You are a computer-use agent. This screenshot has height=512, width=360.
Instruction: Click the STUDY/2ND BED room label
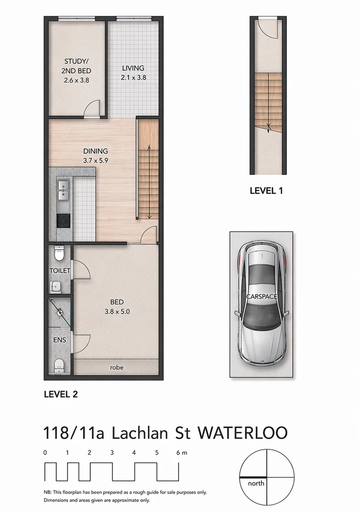click(76, 71)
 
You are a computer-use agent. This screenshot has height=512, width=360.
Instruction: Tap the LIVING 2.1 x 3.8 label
click(133, 73)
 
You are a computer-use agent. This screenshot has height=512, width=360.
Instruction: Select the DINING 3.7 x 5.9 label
click(95, 156)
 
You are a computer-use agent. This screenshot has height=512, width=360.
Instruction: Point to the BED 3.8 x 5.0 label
click(117, 307)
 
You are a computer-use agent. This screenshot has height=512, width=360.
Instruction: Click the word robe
click(117, 367)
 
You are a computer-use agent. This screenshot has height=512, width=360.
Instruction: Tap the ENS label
click(59, 340)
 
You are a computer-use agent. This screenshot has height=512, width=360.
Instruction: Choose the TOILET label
click(60, 271)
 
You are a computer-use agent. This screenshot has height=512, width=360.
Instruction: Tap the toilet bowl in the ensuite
click(59, 365)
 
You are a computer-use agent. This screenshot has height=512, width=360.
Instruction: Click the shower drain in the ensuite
click(60, 312)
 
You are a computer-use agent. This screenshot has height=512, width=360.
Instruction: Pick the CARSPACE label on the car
click(261, 296)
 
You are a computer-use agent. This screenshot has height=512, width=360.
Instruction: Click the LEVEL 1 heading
click(266, 191)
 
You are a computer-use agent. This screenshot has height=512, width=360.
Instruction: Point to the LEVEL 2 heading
click(61, 394)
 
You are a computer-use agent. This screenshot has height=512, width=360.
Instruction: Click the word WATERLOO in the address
click(243, 433)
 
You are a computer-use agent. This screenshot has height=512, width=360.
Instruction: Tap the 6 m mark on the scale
click(181, 453)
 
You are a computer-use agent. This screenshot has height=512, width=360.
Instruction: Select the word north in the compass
click(256, 483)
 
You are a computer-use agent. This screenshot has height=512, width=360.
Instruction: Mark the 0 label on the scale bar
click(45, 453)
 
